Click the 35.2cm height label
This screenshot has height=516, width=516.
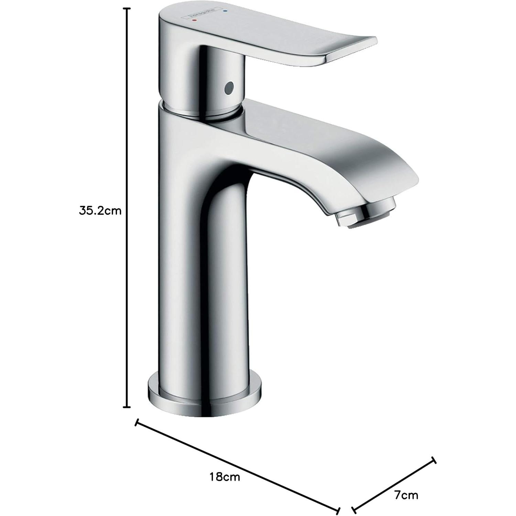point(100,211)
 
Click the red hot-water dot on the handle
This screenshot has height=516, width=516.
point(195,21)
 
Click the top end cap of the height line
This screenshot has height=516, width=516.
point(127,9)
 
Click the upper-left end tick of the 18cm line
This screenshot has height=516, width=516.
point(137,423)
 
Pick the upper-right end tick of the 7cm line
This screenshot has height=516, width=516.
point(433,461)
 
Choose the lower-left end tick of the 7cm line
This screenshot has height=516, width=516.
point(354,510)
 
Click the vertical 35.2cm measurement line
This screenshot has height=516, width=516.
point(127,138)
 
